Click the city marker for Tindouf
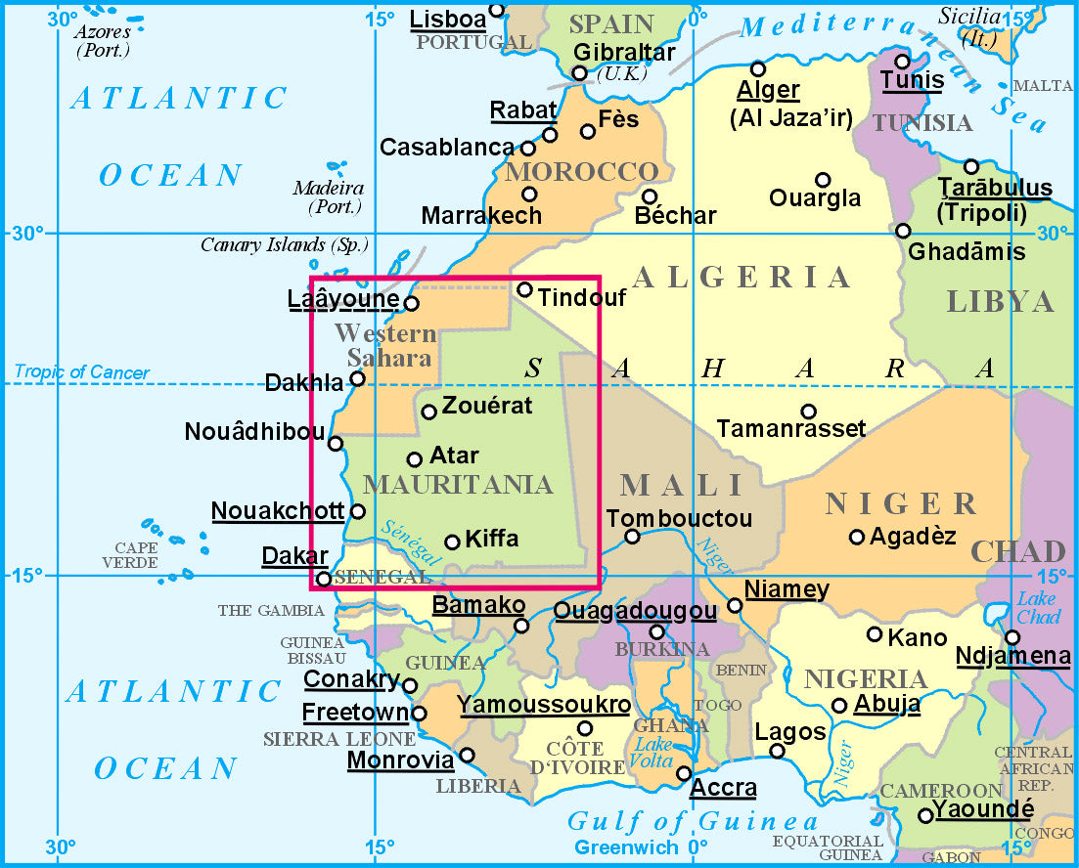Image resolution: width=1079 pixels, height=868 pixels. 524,289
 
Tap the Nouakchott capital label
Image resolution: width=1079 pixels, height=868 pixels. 278,510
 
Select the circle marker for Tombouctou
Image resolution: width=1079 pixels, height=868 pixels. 632,536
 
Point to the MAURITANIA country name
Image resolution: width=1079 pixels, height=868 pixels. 458,485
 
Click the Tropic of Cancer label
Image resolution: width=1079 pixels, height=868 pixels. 82,372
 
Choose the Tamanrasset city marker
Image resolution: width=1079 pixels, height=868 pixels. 808,412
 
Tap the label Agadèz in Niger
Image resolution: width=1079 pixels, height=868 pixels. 913,536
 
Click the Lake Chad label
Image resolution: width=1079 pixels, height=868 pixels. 1038,607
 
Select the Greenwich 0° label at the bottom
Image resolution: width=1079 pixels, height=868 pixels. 641,847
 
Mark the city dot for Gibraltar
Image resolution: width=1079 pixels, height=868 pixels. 579,73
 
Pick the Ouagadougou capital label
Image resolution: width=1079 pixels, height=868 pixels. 635,611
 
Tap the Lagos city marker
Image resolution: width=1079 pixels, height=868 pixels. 777,751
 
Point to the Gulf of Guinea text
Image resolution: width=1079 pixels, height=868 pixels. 693,821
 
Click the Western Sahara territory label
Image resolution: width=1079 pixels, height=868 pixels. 384,346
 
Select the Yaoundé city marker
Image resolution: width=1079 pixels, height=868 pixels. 924,815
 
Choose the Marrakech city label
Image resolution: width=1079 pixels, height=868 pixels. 481,216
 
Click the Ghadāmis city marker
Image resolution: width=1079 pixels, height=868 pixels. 903,231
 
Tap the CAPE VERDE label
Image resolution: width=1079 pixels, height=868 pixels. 136,555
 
